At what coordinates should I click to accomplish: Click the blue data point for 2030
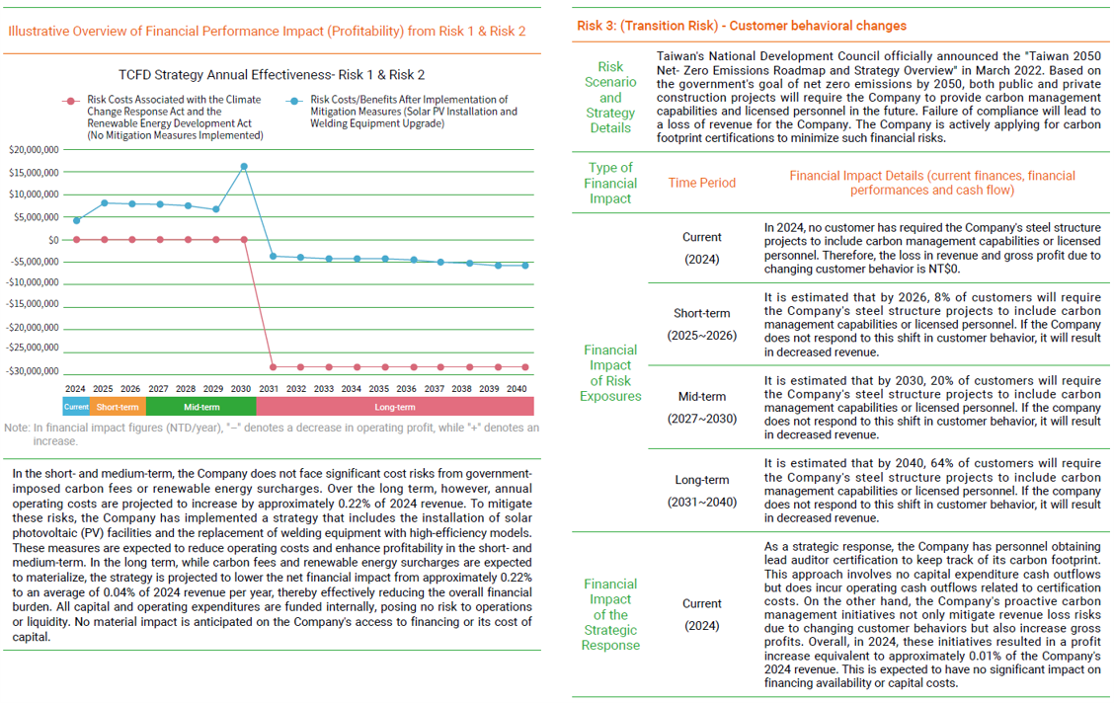click(244, 166)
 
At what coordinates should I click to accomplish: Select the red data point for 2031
click(272, 367)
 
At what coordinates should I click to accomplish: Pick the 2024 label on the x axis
click(76, 389)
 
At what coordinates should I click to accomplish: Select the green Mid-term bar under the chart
click(200, 407)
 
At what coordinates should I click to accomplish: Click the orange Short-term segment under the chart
click(118, 407)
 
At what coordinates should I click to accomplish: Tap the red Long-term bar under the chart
click(395, 407)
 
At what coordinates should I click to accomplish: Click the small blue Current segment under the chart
click(76, 407)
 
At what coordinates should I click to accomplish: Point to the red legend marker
click(69, 101)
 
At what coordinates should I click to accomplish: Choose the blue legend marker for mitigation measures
click(294, 101)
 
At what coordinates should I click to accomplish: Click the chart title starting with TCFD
click(272, 74)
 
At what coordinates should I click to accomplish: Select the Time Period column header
click(701, 183)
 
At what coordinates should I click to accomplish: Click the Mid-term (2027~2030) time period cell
click(701, 408)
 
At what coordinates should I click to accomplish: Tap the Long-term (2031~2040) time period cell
click(701, 491)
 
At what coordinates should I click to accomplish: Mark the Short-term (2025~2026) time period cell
click(701, 324)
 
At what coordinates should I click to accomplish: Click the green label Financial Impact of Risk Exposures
click(610, 372)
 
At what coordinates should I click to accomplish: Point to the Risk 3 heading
click(741, 26)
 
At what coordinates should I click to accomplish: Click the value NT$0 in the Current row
click(946, 268)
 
